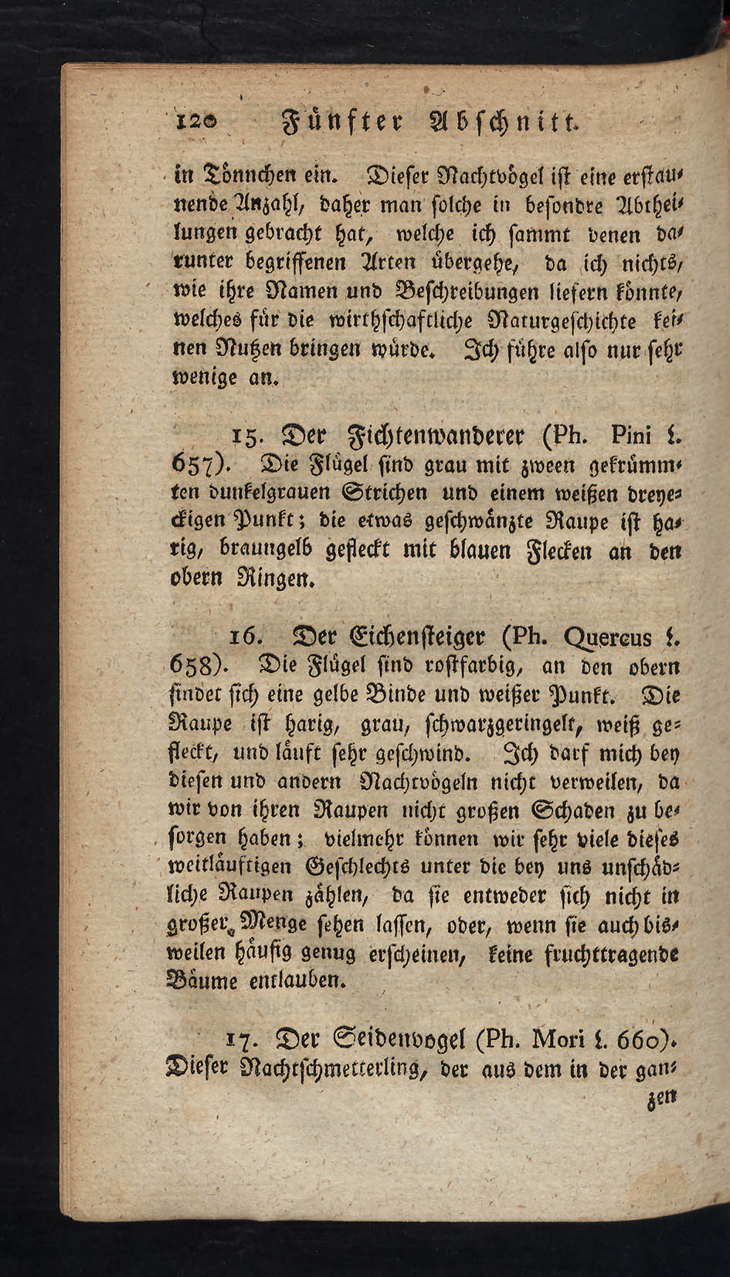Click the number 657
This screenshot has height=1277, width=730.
(x=195, y=467)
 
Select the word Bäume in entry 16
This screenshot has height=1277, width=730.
(x=203, y=980)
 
